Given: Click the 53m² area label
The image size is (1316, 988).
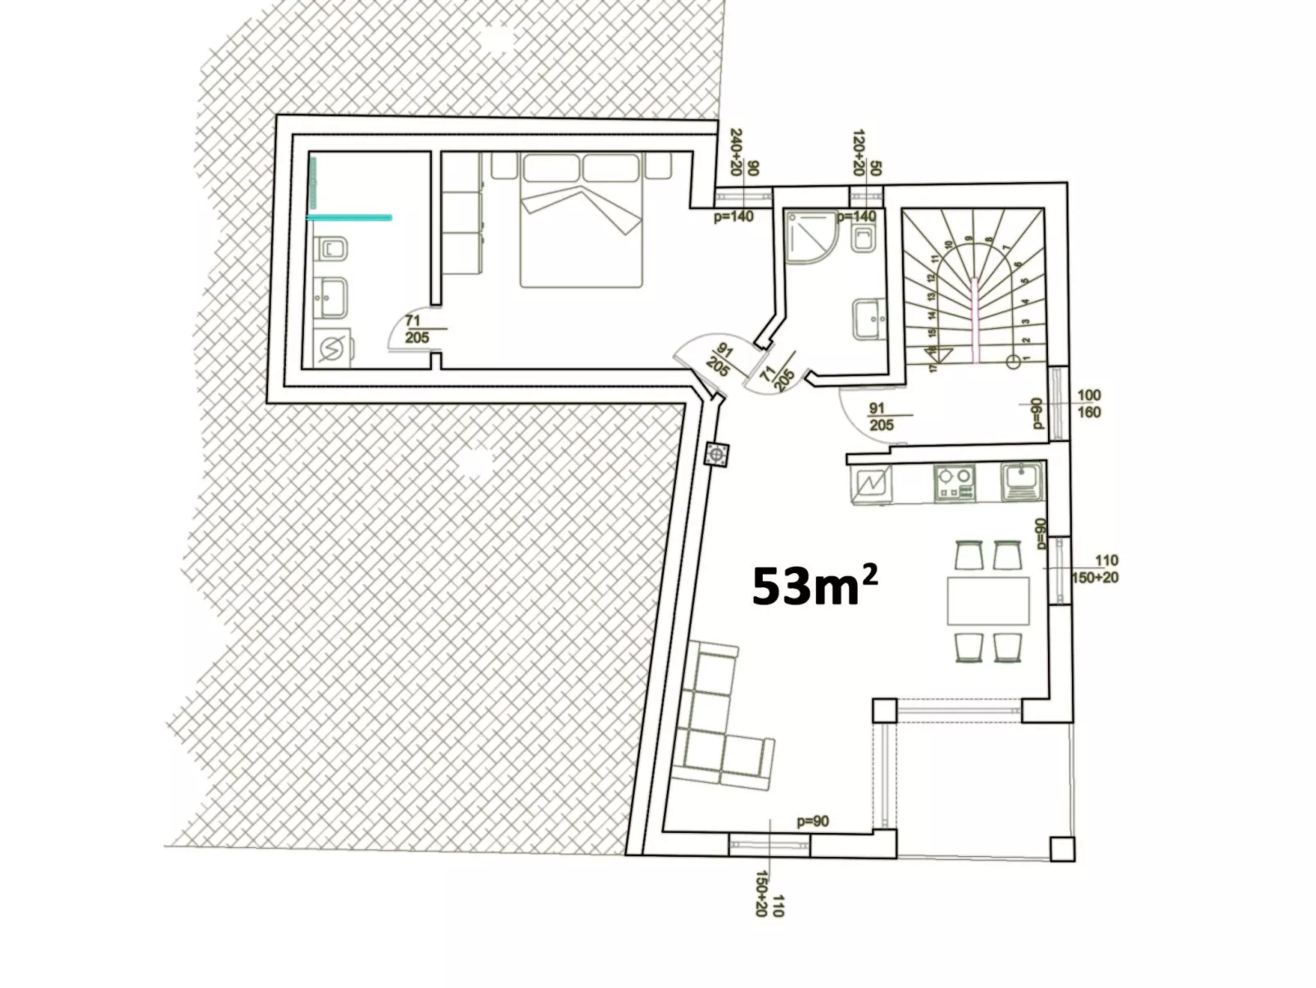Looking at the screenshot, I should [x=814, y=585].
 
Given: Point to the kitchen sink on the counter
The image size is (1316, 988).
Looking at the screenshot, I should [x=1021, y=481].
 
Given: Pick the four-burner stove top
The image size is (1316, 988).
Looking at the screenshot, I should [x=955, y=483].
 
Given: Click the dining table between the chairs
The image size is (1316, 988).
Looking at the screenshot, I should [x=987, y=601].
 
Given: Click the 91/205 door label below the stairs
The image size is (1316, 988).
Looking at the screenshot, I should [x=881, y=417].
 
